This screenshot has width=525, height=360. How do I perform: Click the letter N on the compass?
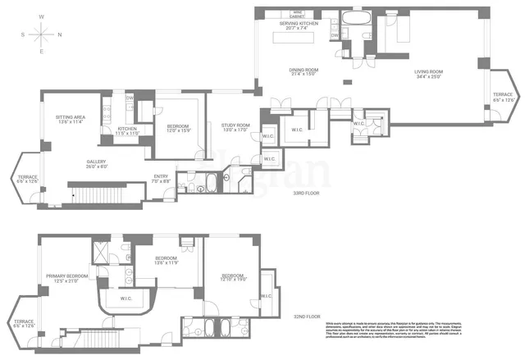tap(59, 34)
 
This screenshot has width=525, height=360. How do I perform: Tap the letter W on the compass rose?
tap(42, 16)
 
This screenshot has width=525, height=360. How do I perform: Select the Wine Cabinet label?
tap(298, 13)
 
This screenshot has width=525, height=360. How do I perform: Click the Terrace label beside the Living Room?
tap(502, 96)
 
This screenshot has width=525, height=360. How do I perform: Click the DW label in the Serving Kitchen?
tap(335, 36)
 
